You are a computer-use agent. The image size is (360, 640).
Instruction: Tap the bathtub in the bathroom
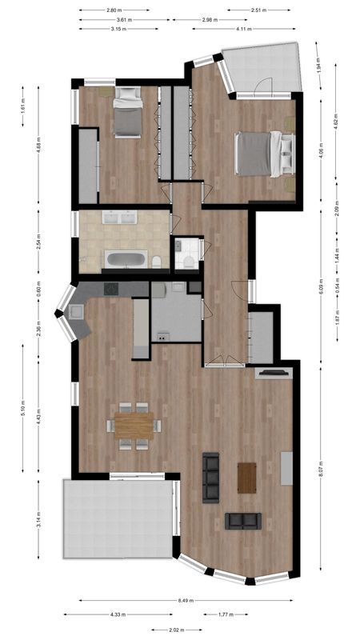pos(126,259)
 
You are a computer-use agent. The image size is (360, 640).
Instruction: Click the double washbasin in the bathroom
pos(119,217)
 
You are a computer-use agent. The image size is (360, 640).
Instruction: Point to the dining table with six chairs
pos(134,425)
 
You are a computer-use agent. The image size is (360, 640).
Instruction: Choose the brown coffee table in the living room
pos(246,478)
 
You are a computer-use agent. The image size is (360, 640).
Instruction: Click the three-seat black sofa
pos(211,478)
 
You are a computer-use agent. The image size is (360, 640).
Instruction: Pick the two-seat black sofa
pos(243,521)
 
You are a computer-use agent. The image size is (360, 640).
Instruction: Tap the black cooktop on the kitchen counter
pos(110,289)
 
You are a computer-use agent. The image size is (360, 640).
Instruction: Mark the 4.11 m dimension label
pos(243,29)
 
